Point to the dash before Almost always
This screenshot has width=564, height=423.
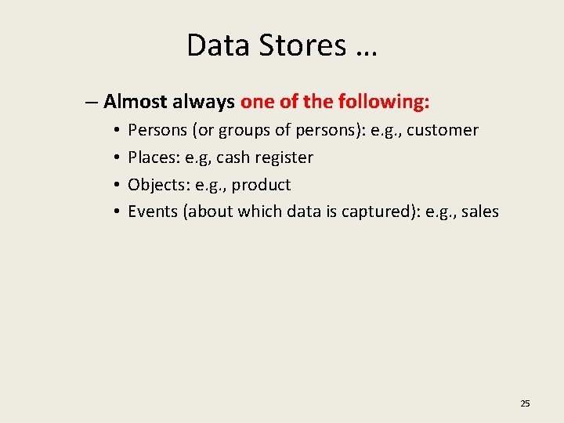tap(92, 102)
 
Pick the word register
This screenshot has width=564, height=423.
tap(284, 157)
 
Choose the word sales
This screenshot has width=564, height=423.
tap(479, 211)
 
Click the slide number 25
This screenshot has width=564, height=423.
tap(525, 403)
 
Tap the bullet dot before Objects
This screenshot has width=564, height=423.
tap(115, 185)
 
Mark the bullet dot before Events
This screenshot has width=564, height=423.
tap(115, 211)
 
